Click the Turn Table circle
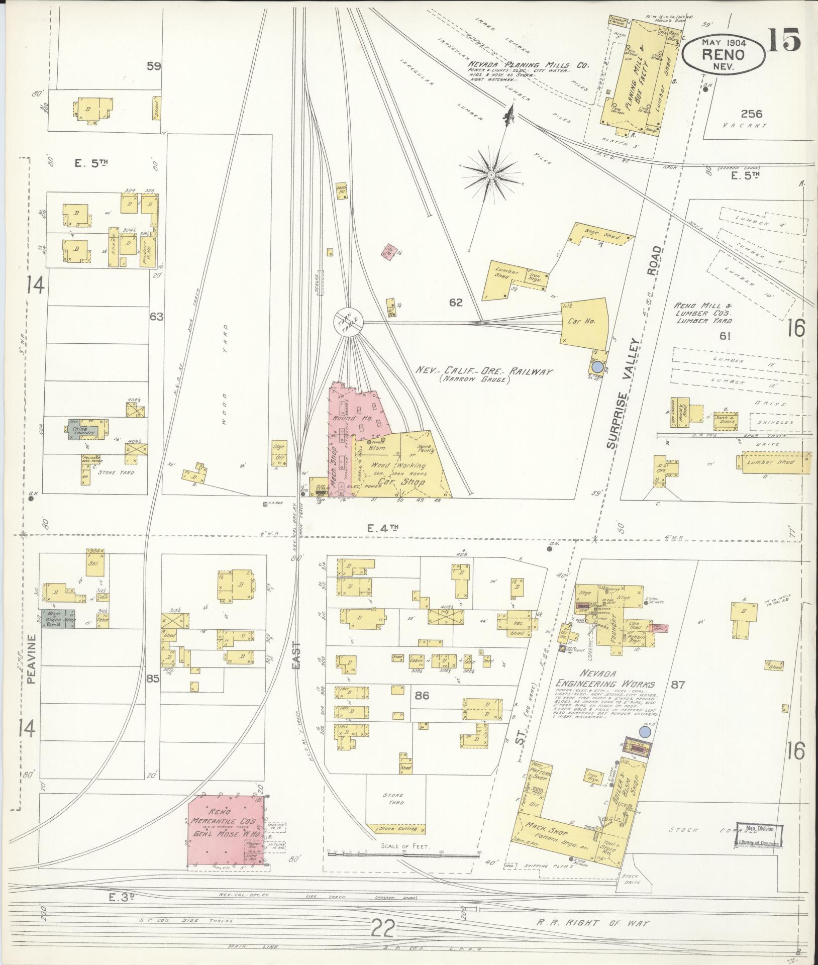coord(350,321)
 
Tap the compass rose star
coord(491,174)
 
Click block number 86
coord(422,696)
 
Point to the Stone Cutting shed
coord(396,828)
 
